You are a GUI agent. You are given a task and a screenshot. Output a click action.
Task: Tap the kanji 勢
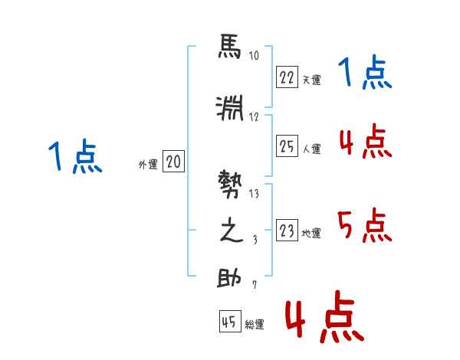pyautogui.click(x=229, y=186)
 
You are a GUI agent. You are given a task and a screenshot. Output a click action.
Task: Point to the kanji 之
pyautogui.click(x=229, y=232)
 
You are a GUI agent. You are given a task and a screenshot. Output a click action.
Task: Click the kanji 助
pyautogui.click(x=229, y=277)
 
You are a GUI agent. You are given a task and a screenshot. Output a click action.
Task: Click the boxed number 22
pyautogui.click(x=287, y=77)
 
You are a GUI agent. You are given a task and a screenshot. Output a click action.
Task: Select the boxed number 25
pyautogui.click(x=287, y=146)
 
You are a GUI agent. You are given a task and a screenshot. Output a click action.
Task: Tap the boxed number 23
pyautogui.click(x=287, y=231)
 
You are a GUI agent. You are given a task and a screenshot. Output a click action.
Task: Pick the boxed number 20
pyautogui.click(x=173, y=162)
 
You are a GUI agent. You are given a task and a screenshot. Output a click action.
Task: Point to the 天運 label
pyautogui.click(x=311, y=80)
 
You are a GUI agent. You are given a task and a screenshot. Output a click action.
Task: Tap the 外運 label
pyautogui.click(x=148, y=165)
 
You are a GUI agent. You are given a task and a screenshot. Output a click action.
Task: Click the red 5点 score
pyautogui.click(x=365, y=225)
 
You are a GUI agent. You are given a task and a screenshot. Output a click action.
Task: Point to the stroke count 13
pyautogui.click(x=254, y=194)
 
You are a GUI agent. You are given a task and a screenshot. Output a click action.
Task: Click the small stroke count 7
pyautogui.click(x=254, y=286)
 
